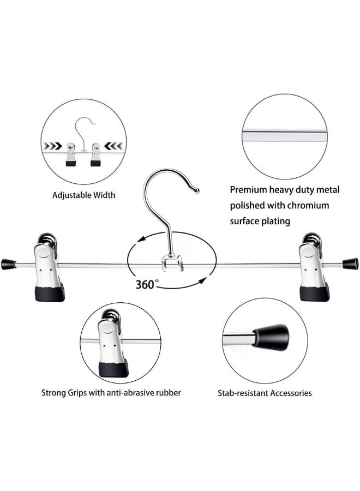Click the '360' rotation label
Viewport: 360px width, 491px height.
coord(145,285)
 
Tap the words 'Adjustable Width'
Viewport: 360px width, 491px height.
coord(84,195)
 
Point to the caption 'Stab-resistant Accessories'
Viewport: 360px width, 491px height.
coord(265,393)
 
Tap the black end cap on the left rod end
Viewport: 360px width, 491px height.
coord(8,264)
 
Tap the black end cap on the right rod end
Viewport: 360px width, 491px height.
coord(351,264)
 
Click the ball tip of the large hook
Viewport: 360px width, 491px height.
coord(196,190)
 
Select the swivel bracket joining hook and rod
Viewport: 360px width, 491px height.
coord(172,263)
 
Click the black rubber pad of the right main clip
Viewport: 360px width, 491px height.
coord(315,294)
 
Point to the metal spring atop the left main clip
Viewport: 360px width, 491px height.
coord(47,239)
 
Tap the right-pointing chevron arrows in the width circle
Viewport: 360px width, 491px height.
coord(52,146)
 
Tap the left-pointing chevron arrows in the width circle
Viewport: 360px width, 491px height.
coord(113,146)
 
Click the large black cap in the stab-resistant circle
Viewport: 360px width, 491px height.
coord(271,337)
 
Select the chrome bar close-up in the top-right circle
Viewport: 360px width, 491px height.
coord(285,136)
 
